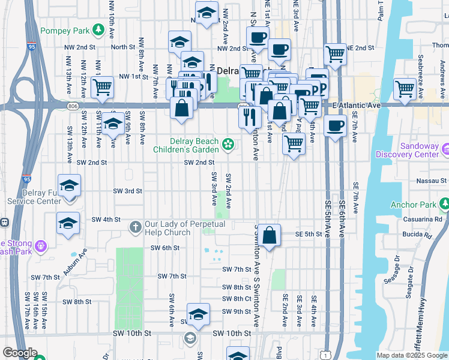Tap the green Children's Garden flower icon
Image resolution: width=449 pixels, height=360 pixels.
click(x=228, y=143)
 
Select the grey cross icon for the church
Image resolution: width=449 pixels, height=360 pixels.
click(x=135, y=227)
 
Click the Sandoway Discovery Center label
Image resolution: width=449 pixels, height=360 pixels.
click(x=407, y=149)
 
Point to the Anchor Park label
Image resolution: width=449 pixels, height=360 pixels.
click(x=412, y=205)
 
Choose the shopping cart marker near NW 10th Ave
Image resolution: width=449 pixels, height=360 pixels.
click(x=103, y=86)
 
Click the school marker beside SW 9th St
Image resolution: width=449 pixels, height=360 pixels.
click(x=198, y=313)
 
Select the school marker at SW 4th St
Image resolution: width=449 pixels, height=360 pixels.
click(x=68, y=223)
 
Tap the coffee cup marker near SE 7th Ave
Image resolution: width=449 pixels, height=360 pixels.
click(x=335, y=126)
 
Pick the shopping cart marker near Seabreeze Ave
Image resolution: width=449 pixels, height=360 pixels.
click(x=405, y=89)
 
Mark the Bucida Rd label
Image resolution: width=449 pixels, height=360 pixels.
click(x=419, y=236)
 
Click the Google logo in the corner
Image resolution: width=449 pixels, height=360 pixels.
click(x=20, y=353)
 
